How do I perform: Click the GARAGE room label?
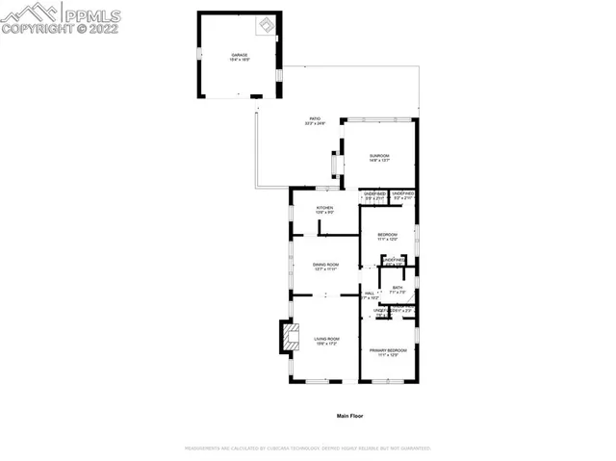pyautogui.click(x=239, y=55)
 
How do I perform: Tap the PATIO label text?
pyautogui.click(x=315, y=118)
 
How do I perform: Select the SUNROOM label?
pyautogui.click(x=379, y=156)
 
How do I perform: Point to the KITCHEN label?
pyautogui.click(x=325, y=207)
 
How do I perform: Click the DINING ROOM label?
pyautogui.click(x=325, y=265)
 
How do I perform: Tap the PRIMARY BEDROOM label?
pyautogui.click(x=388, y=350)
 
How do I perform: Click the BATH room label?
pyautogui.click(x=398, y=287)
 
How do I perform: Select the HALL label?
pyautogui.click(x=369, y=294)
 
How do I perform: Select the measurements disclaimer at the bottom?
pyautogui.click(x=307, y=448)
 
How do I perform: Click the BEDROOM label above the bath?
pyautogui.click(x=388, y=234)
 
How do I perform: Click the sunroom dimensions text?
pyautogui.click(x=379, y=162)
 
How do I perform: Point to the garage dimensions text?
pyautogui.click(x=239, y=61)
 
